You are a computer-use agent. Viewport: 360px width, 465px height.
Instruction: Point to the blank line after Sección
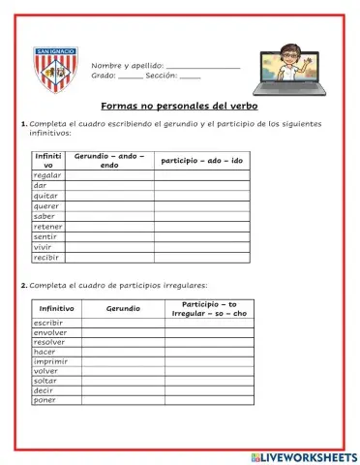(x=191, y=75)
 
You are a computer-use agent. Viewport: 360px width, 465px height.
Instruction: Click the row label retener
(x=47, y=227)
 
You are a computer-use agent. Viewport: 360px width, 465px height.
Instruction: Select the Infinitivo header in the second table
(x=55, y=307)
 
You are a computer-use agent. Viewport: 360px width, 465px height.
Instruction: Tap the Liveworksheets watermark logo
(x=302, y=455)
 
